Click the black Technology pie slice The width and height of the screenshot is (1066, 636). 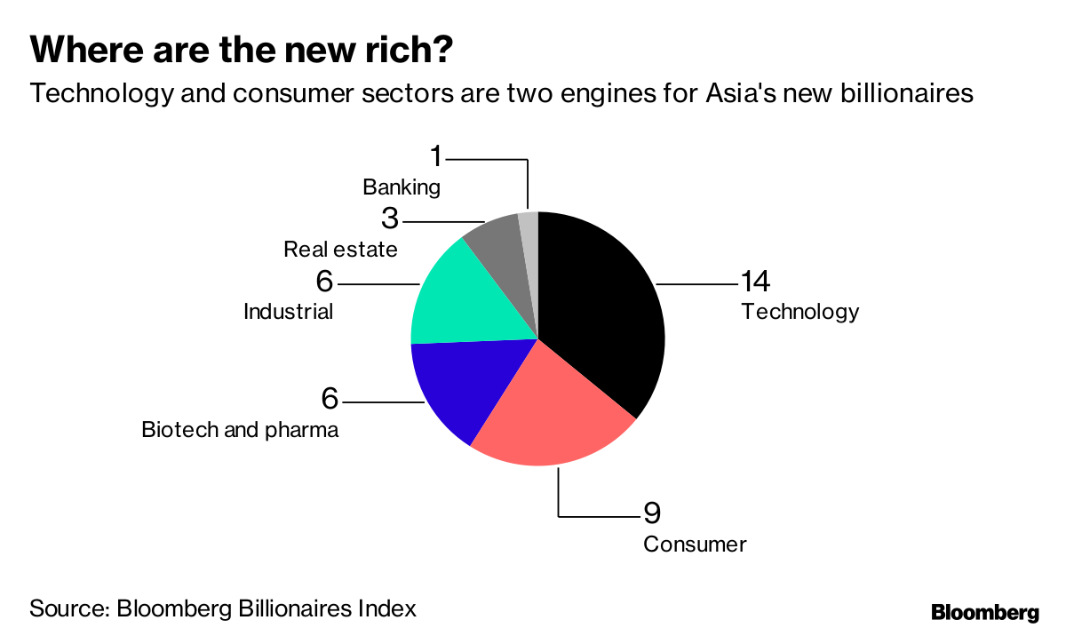(604, 311)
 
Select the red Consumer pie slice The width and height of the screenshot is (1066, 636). (551, 417)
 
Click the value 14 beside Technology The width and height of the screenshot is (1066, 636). (755, 282)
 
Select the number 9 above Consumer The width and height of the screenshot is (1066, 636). (653, 513)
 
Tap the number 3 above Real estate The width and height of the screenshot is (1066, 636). (390, 219)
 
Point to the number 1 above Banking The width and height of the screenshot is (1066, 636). (435, 157)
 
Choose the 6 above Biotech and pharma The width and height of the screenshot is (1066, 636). (330, 399)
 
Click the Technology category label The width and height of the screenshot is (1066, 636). (800, 312)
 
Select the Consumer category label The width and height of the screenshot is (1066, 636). (695, 544)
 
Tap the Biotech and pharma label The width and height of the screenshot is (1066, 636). (240, 431)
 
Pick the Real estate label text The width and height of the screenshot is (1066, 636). (340, 250)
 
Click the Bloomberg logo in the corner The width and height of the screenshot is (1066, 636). (984, 612)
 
